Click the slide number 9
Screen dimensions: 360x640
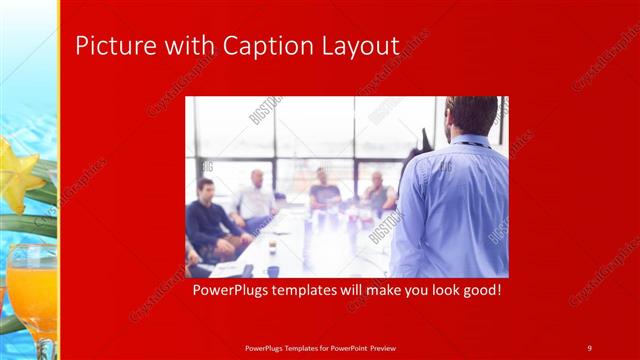coord(589,347)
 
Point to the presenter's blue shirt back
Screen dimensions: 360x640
coord(455,210)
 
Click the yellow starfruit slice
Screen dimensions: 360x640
coord(21,174)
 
